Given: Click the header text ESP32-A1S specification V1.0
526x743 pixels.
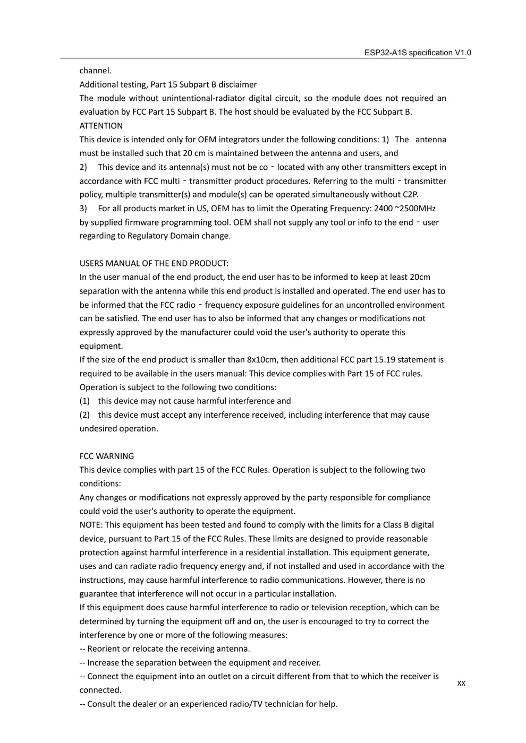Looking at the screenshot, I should [418, 53].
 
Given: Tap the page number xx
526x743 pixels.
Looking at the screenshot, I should [461, 683].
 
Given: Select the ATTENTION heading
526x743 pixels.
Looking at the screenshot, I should [101, 126].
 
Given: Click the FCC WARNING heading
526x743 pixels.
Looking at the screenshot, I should [107, 456].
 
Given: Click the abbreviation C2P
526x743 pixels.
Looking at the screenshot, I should [410, 194].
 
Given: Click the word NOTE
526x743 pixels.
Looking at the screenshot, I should [90, 525].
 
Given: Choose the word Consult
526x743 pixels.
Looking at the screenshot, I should [103, 704].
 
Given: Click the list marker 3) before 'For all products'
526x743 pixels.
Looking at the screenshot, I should [83, 208].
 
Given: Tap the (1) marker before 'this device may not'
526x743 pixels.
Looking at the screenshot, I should [84, 401].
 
